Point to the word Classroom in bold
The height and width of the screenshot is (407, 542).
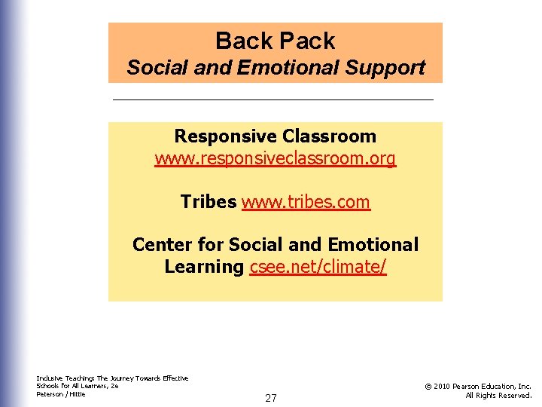coord(330,136)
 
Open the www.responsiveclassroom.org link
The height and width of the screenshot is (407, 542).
coord(276,159)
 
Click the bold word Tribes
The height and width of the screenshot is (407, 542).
coord(209,202)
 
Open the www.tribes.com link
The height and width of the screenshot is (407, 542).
coord(306,202)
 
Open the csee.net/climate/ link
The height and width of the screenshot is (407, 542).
coord(318,267)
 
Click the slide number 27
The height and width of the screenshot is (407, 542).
coord(271,398)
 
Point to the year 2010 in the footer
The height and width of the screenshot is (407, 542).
coord(441,387)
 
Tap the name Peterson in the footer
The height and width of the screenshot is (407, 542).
coord(50,394)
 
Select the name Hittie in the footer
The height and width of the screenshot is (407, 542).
coord(77,394)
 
